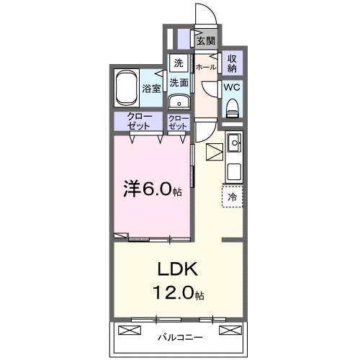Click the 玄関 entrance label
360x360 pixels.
tap(206, 41)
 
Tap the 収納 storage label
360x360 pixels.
tap(233, 63)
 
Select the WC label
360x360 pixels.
tap(232, 86)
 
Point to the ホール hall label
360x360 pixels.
tap(206, 67)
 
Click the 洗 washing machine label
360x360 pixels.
tap(178, 63)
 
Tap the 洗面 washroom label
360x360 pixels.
tap(179, 83)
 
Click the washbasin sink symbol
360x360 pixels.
tap(178, 101)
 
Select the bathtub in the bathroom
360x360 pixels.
tap(127, 88)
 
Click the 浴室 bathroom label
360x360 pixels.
tap(150, 89)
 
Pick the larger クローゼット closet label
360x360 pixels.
tap(139, 121)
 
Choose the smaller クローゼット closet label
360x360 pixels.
tap(178, 121)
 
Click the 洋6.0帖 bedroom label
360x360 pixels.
tap(151, 189)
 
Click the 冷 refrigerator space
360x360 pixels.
tap(232, 196)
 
